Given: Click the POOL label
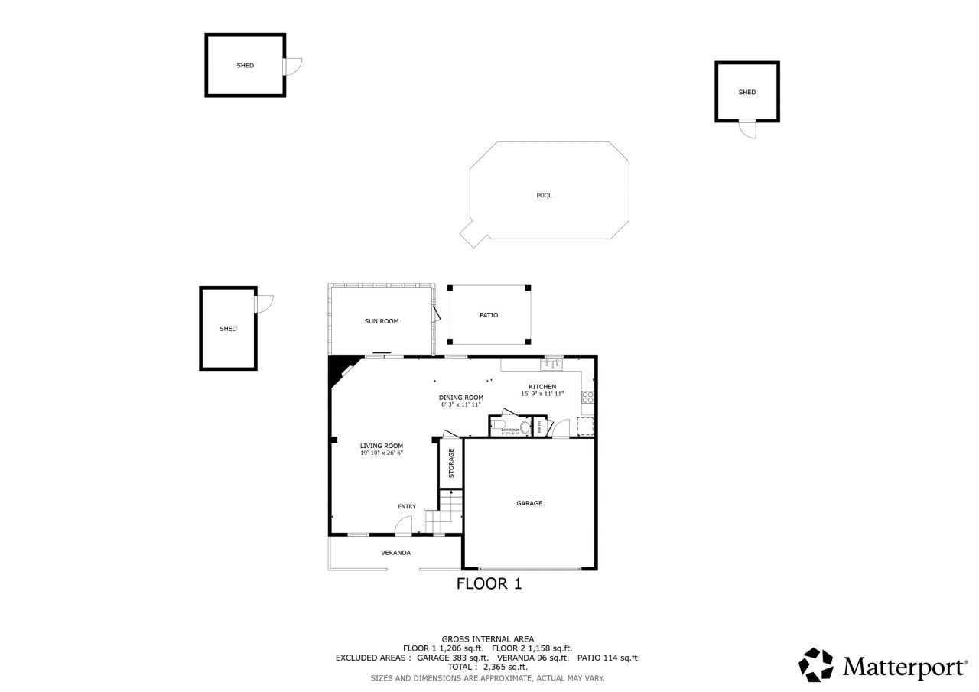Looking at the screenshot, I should [544, 196].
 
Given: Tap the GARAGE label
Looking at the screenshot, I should [529, 503].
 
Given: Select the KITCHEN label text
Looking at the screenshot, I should [542, 387].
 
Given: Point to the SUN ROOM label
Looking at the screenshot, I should [381, 321].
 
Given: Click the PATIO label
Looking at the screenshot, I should [489, 315].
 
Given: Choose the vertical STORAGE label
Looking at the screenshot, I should [451, 463].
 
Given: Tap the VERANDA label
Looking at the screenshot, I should [396, 553].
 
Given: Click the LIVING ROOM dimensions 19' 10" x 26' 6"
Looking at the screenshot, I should [382, 453].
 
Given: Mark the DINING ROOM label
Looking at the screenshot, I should [461, 398].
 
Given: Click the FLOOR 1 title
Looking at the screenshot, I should [489, 584].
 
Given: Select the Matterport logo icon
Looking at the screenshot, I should [817, 665].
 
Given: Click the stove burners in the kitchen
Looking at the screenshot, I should [587, 397].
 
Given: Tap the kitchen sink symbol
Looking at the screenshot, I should [552, 364].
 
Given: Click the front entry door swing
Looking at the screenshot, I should [403, 526].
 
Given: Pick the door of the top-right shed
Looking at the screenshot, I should [747, 129].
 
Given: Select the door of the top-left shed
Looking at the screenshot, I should [293, 67].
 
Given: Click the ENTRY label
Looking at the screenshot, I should [407, 507].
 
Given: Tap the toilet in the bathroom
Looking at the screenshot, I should [525, 426].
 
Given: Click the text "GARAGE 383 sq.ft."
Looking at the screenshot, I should [453, 658].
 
